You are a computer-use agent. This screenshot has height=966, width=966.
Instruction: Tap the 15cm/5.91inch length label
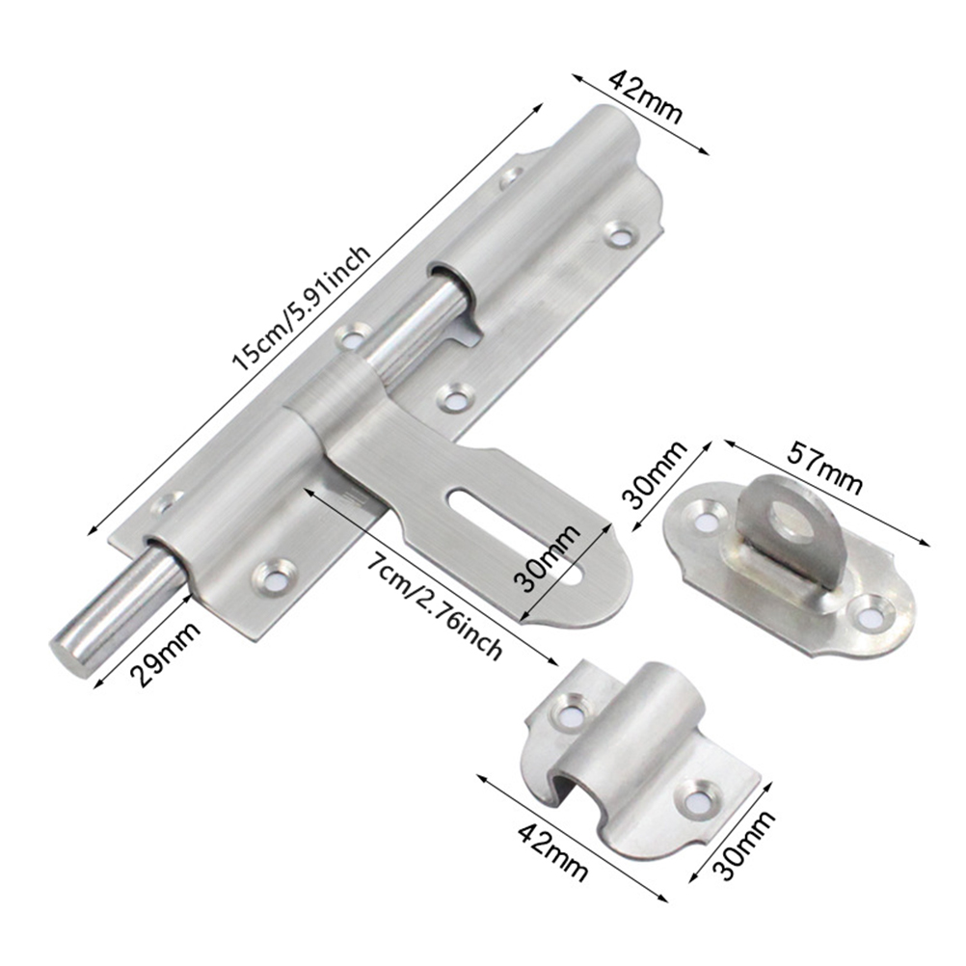tap(301, 309)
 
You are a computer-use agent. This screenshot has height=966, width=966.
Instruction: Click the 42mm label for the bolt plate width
tap(646, 96)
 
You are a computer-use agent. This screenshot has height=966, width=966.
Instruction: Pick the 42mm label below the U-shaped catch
tap(552, 852)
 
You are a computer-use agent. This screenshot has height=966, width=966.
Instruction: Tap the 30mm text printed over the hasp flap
tap(547, 558)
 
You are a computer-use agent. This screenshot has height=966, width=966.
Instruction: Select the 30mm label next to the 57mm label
tap(654, 473)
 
